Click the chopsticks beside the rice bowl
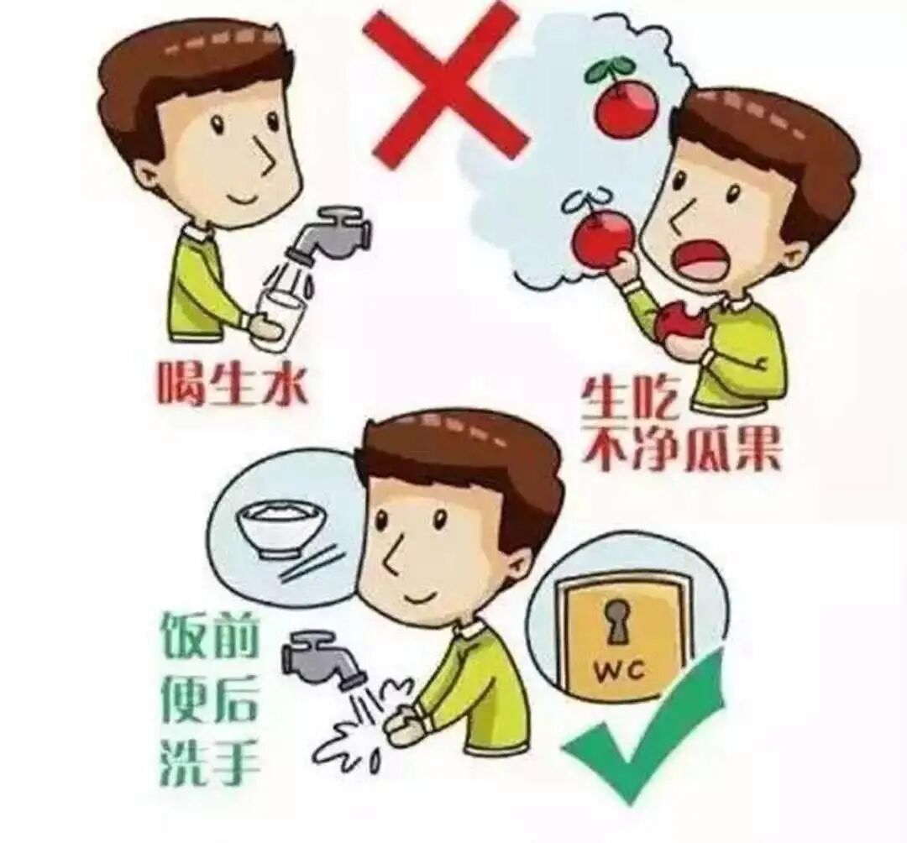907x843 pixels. tap(312, 563)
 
